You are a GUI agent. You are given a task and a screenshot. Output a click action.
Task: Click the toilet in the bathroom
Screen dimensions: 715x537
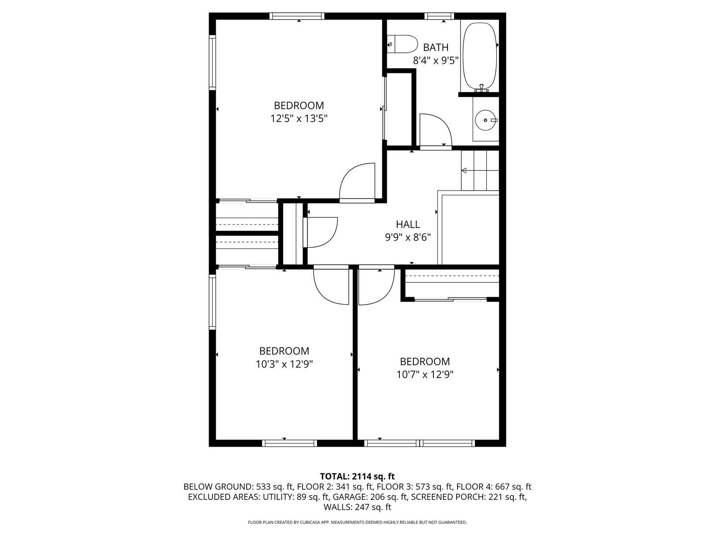(402, 44)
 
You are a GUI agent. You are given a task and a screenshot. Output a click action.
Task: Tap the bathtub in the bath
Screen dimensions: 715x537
(480, 56)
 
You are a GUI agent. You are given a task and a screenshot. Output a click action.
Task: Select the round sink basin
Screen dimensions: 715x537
(485, 120)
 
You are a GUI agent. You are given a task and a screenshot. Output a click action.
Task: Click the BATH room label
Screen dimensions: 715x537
(436, 48)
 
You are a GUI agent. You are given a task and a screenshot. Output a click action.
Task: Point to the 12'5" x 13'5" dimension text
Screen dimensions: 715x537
(299, 118)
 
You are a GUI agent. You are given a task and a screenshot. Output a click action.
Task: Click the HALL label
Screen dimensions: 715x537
(408, 224)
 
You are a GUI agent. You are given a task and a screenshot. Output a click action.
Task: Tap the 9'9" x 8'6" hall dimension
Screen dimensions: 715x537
(408, 237)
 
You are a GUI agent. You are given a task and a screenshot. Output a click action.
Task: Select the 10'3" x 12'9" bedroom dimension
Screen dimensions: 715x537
(284, 364)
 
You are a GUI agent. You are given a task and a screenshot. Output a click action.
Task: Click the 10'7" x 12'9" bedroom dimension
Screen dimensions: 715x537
(425, 374)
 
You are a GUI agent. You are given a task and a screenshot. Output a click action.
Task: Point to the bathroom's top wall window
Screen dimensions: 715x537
(439, 16)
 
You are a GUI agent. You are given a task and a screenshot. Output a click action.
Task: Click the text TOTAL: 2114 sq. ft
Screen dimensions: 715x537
(357, 477)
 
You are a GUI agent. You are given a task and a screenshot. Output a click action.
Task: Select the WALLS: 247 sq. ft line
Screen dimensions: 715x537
(357, 507)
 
